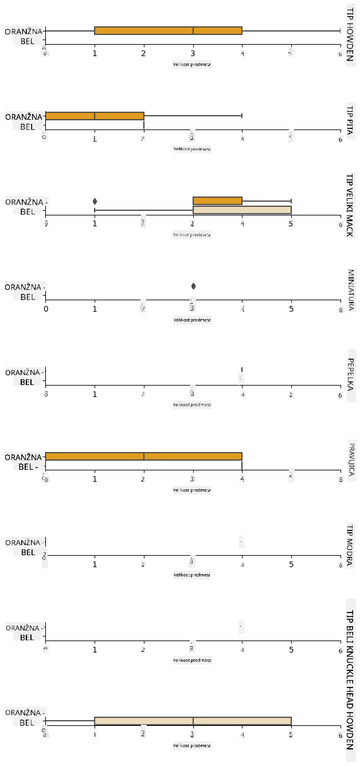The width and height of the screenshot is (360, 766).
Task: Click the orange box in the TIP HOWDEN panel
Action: (168, 30)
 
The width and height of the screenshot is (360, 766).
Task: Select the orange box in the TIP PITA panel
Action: (94, 116)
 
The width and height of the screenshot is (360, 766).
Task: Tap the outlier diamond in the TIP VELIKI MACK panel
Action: (95, 201)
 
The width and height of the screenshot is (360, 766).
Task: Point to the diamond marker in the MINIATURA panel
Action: (193, 286)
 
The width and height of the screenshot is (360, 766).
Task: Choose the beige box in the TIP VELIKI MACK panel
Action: (242, 210)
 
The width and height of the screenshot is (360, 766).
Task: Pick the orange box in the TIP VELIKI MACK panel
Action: (217, 201)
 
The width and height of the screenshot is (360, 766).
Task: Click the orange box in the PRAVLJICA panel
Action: (143, 457)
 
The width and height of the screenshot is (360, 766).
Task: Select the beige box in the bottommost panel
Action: (193, 721)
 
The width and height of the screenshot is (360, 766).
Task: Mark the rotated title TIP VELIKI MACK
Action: (350, 205)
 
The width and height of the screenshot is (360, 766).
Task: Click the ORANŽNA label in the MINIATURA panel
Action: (24, 287)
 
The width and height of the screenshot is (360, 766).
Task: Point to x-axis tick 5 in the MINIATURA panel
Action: (291, 309)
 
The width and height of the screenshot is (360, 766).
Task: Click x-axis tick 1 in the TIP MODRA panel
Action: (95, 564)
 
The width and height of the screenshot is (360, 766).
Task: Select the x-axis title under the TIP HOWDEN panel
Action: (192, 64)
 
